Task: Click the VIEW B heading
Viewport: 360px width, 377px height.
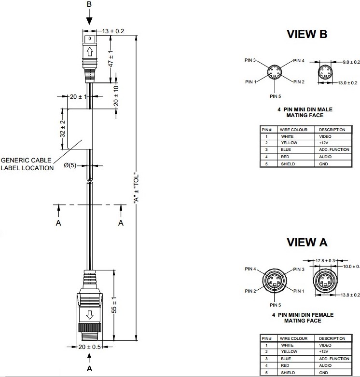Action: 307,34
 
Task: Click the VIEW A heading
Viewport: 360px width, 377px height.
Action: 307,242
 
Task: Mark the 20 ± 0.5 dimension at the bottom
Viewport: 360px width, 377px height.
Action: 89,347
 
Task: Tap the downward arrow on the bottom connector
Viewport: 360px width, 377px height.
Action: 90,316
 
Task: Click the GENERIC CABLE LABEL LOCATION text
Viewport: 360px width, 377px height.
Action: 27,164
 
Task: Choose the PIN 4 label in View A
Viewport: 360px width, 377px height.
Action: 251,269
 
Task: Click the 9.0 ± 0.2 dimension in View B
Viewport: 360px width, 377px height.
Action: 351,62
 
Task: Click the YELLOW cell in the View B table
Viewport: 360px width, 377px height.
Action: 289,143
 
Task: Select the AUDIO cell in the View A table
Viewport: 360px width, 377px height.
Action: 325,366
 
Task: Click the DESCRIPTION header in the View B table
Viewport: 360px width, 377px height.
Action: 332,130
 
